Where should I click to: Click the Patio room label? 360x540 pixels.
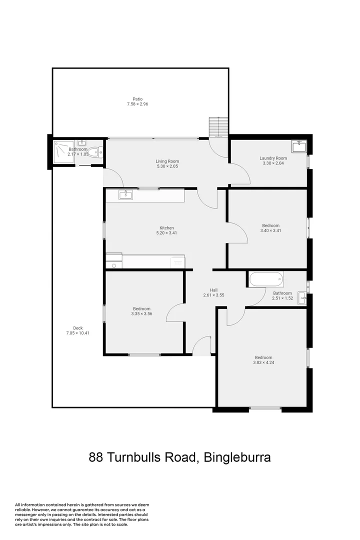click(x=137, y=99)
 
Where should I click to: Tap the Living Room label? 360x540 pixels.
click(x=167, y=161)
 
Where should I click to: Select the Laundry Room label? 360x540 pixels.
click(x=273, y=158)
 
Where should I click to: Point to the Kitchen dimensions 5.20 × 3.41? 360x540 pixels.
click(x=167, y=232)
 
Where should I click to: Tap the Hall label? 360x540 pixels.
click(x=213, y=290)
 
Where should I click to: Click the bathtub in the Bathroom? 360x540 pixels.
click(x=266, y=279)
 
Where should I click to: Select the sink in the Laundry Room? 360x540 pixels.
click(x=299, y=146)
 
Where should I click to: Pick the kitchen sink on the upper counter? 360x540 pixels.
click(x=125, y=194)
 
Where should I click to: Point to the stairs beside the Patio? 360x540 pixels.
click(x=217, y=127)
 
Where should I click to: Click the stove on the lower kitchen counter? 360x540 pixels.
click(x=177, y=261)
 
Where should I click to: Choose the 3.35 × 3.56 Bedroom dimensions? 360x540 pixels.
click(x=141, y=313)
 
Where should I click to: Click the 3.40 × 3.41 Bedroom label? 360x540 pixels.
click(x=270, y=225)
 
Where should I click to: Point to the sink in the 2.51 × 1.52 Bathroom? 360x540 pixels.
click(x=301, y=298)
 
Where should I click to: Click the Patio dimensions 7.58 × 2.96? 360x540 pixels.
click(x=137, y=104)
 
